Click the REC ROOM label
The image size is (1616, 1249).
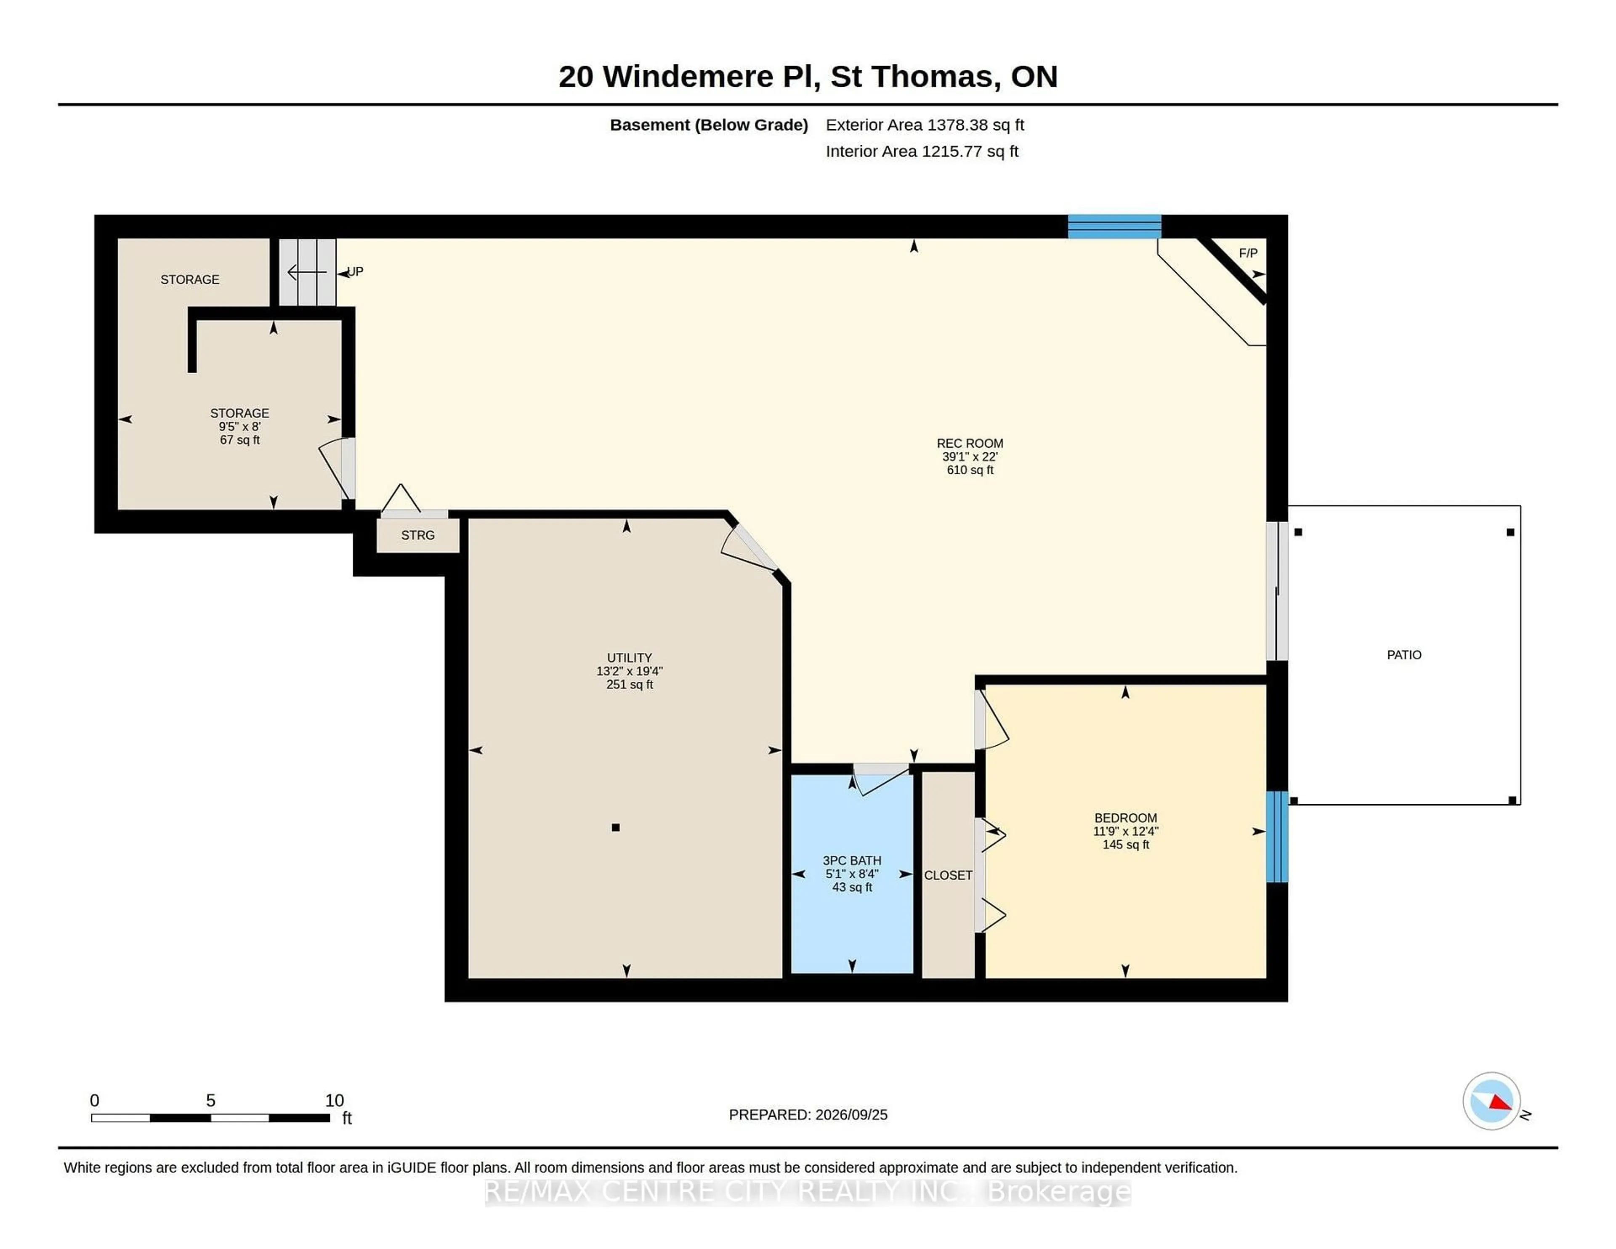click(x=969, y=443)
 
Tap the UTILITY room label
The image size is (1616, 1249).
click(x=629, y=658)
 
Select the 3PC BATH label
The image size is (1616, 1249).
click(x=852, y=861)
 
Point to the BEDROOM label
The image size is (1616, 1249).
click(x=1125, y=818)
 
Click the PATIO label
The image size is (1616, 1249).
click(x=1403, y=655)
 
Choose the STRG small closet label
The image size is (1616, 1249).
click(x=417, y=535)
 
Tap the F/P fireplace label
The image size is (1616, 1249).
click(x=1247, y=253)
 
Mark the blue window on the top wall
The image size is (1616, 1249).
click(x=1114, y=226)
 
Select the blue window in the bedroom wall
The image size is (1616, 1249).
click(x=1277, y=837)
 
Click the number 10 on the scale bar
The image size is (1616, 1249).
click(x=335, y=1100)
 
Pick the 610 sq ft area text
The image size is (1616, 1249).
click(x=969, y=470)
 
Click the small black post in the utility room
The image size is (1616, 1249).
click(x=616, y=827)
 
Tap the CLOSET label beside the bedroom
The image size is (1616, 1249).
click(x=948, y=875)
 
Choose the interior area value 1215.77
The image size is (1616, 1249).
click(x=952, y=151)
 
